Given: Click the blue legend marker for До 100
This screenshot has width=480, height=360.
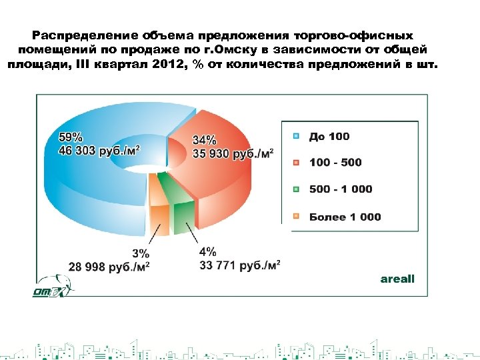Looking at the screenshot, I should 295,137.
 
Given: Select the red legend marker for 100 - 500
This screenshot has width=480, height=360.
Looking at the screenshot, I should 295,163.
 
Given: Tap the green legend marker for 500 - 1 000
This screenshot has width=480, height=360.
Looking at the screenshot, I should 295,189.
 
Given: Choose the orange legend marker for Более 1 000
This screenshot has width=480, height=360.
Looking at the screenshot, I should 295,217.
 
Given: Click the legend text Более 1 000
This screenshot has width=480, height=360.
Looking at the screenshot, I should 345,217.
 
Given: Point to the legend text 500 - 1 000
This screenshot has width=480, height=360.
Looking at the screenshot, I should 341,189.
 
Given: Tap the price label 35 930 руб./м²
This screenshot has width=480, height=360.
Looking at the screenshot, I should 233,153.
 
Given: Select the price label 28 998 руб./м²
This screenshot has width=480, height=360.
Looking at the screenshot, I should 109,267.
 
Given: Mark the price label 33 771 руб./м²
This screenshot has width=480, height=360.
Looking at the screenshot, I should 240,265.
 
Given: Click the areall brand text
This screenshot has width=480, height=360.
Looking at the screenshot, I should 397,279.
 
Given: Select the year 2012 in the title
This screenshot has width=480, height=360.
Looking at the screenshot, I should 165,64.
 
